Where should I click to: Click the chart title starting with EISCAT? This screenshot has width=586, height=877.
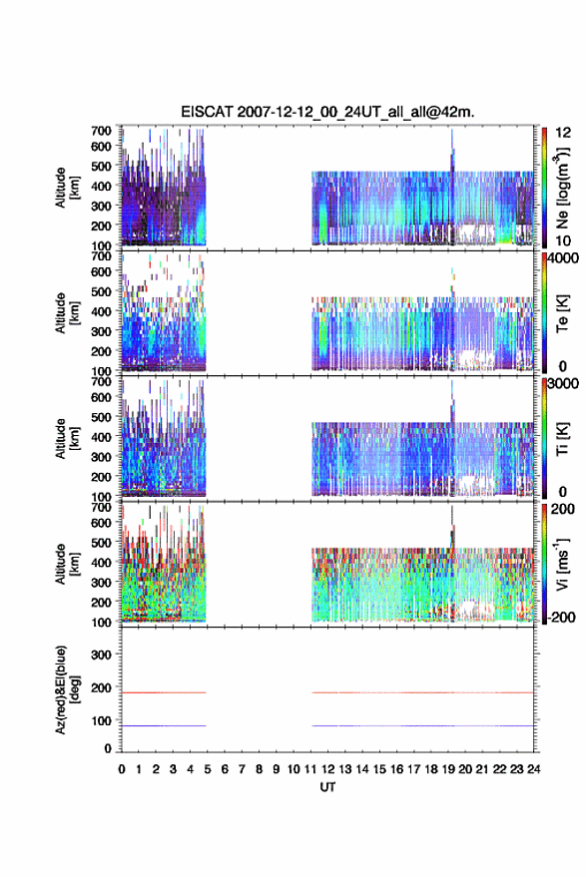(327, 112)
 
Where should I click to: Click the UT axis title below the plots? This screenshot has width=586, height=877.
(327, 787)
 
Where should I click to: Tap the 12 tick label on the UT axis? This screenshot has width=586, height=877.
(328, 769)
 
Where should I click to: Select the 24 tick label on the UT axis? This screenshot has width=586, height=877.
(534, 769)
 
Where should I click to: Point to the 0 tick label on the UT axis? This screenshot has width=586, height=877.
(122, 769)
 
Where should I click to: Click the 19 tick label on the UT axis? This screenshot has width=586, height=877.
(448, 769)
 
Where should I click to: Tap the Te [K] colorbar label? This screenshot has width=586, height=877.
(562, 313)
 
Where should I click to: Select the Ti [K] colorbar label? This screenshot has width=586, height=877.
(562, 439)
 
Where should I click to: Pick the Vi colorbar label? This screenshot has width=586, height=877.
(562, 565)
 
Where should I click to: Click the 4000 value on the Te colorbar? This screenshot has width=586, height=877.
(563, 258)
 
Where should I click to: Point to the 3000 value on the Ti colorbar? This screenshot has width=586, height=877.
(563, 384)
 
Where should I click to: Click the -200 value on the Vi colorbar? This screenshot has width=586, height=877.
(562, 617)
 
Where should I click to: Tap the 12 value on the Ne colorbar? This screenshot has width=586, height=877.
(563, 133)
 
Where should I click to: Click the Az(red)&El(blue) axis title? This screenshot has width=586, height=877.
(67, 689)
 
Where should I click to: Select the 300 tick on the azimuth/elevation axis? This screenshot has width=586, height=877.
(101, 655)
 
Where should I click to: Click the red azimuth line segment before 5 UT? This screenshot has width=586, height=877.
(164, 693)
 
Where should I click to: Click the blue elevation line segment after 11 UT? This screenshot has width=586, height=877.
(422, 726)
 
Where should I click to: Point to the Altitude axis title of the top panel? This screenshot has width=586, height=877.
(67, 188)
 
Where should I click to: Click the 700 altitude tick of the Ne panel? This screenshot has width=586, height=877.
(101, 131)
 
